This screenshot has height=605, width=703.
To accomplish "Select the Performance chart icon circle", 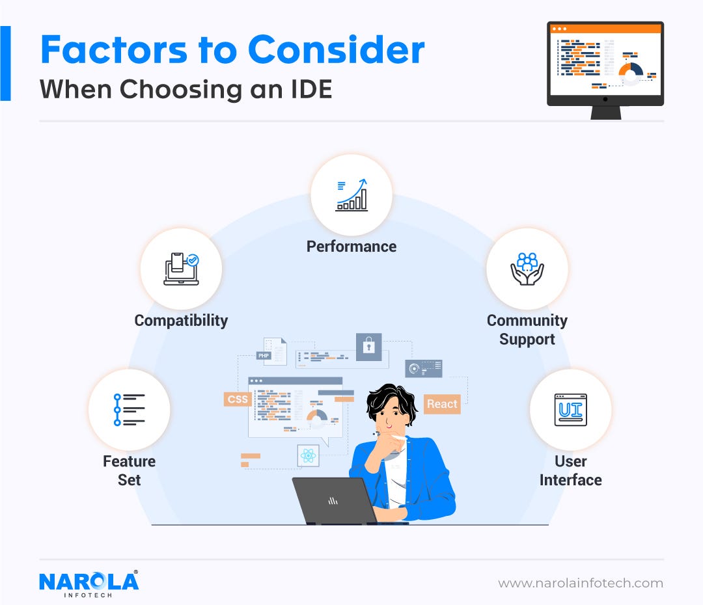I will tap(351, 195).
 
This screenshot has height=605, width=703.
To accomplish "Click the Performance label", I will tap(351, 247).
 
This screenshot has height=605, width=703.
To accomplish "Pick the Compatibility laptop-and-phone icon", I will tap(181, 269).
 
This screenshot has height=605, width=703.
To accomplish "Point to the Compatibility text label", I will tap(181, 320).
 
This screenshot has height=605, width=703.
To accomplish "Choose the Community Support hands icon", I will tap(527, 269).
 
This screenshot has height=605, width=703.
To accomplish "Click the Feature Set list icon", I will tap(129, 410).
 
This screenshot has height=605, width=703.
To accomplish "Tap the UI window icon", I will tap(570, 410).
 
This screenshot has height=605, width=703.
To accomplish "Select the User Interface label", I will tap(570, 471).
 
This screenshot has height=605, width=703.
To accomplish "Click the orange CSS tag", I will tap(238, 399).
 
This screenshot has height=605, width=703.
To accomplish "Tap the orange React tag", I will tap(442, 404).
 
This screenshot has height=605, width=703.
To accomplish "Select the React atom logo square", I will tap(309, 456).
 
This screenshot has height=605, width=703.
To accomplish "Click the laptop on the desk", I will tap(332, 500).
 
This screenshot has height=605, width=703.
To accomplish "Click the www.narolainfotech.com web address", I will tap(581, 583).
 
